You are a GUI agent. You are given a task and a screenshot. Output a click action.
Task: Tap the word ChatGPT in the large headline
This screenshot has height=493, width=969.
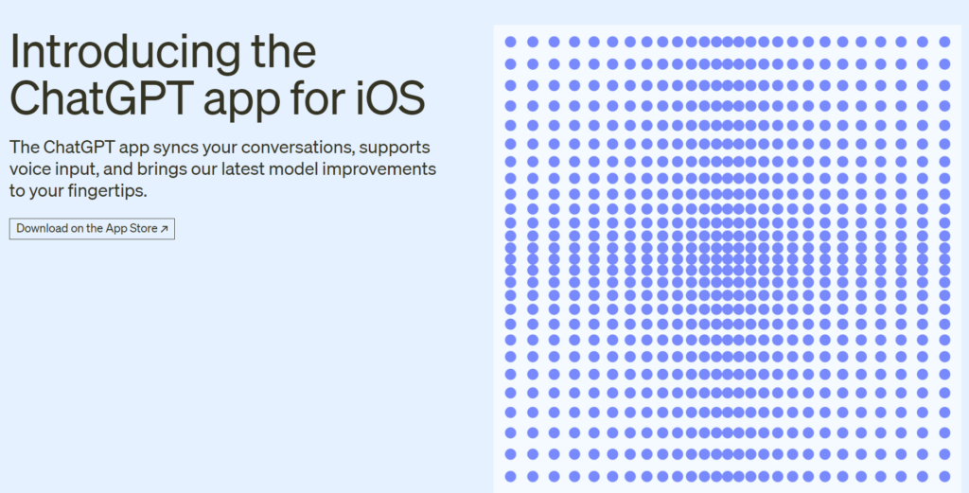tap(102, 98)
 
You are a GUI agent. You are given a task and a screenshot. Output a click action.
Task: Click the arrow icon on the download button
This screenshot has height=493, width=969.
tap(164, 229)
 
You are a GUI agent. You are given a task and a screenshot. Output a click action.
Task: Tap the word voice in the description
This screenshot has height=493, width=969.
tap(27, 169)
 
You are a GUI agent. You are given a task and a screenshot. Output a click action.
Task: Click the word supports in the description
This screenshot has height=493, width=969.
tap(395, 150)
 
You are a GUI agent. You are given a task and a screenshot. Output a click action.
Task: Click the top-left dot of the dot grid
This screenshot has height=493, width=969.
tap(510, 42)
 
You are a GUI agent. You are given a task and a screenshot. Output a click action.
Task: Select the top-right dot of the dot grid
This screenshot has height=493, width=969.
tap(944, 42)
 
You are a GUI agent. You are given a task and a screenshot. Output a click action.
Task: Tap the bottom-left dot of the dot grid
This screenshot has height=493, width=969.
tap(510, 476)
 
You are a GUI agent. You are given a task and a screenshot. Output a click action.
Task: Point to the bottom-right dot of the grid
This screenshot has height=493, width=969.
tap(944, 476)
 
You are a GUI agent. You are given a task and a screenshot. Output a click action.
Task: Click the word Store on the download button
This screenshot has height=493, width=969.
tap(144, 229)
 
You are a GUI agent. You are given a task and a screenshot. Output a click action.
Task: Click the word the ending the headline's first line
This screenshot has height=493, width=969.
tap(288, 53)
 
